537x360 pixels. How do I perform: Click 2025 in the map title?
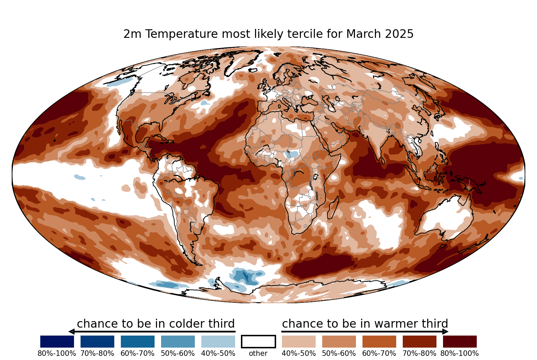coord(399,34)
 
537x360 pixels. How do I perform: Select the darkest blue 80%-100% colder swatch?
coord(57,341)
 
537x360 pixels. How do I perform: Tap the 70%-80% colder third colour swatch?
coord(97,341)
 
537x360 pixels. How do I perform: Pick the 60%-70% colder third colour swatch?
coord(138,341)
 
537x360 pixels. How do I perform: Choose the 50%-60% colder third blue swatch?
coord(178,341)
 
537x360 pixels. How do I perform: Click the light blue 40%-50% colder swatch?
coord(218,341)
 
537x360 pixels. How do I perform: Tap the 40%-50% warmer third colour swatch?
coord(299,341)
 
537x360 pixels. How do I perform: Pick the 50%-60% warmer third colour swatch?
coord(339,341)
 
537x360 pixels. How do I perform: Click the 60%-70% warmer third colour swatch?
coord(379,341)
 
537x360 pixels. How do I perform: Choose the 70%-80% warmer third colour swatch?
coord(420,341)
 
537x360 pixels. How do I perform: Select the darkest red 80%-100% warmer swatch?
coord(460,341)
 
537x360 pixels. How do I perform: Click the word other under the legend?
coord(258,353)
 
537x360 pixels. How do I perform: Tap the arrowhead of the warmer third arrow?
coord(445,332)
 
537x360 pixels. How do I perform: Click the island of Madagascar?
coord(333,207)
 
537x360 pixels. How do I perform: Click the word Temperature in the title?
coord(182,34)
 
